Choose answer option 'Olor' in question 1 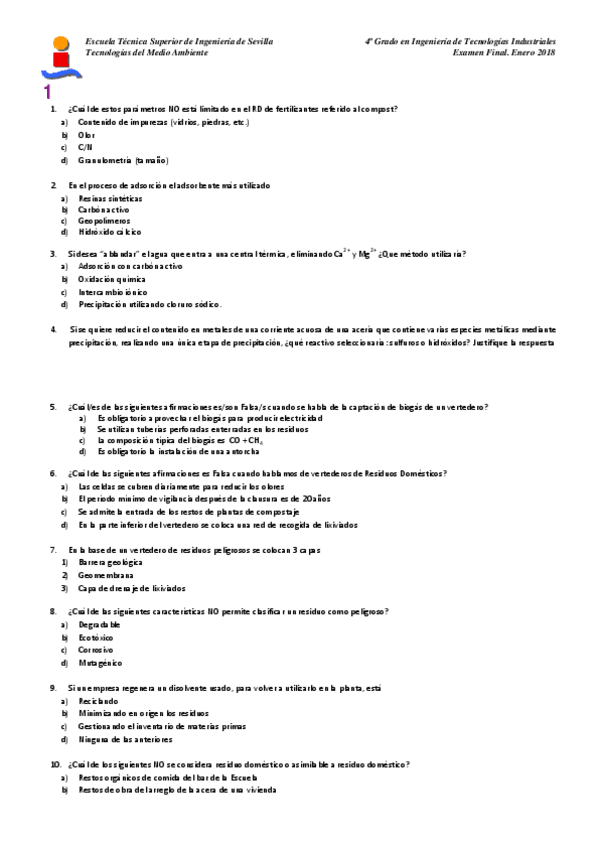(87, 134)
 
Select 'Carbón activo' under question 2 (103, 211)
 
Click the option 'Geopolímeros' (104, 220)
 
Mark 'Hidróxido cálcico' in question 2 (109, 232)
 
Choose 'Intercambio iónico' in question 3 (112, 292)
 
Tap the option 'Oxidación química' (111, 280)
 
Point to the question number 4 (54, 329)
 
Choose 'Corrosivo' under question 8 (96, 649)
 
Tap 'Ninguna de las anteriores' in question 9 (125, 740)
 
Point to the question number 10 (56, 764)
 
